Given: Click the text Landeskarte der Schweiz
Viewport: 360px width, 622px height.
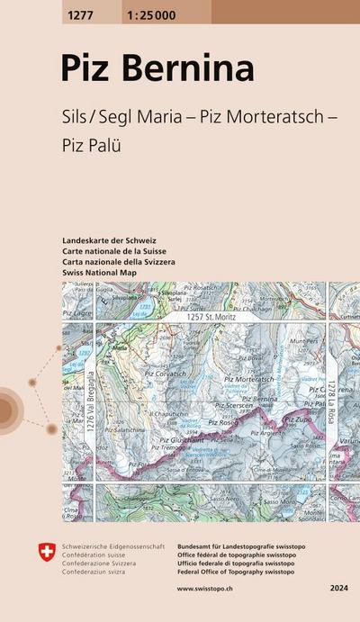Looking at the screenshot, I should [110, 241].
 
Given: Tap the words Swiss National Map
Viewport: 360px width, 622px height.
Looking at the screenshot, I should [100, 271].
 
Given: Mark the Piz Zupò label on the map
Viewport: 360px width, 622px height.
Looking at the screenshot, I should [299, 419].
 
